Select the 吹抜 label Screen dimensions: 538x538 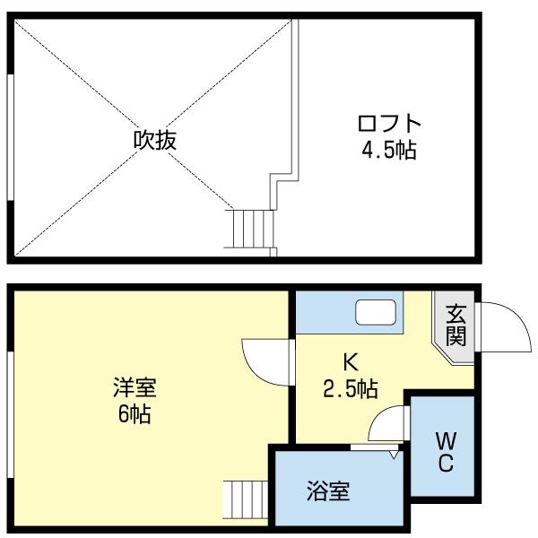pyautogui.click(x=153, y=141)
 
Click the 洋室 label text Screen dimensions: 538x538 pyautogui.click(x=134, y=389)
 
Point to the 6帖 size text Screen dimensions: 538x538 pyautogui.click(x=134, y=414)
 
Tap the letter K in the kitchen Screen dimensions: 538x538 pyautogui.click(x=351, y=363)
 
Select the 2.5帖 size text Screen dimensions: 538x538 pyautogui.click(x=351, y=389)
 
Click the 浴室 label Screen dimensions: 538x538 pyautogui.click(x=327, y=491)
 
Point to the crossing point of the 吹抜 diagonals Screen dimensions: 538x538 pyautogui.click(x=153, y=136)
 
